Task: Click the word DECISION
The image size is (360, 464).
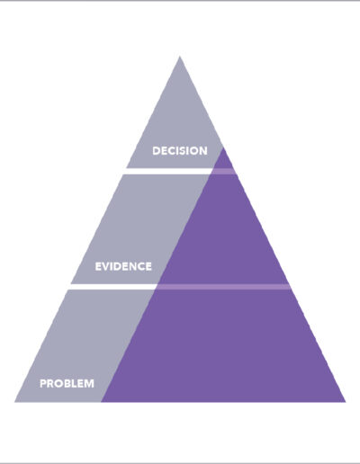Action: (x=180, y=150)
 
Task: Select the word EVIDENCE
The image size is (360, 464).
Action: (x=123, y=266)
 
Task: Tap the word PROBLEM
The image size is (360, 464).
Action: (x=67, y=383)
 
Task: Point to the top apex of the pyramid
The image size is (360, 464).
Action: (x=180, y=56)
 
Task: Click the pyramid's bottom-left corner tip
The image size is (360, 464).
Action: (x=14, y=402)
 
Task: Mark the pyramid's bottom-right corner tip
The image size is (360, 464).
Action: (x=346, y=402)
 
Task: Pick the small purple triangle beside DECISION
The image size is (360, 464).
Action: (x=224, y=160)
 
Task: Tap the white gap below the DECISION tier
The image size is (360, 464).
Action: (x=169, y=172)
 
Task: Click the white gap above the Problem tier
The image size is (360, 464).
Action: (x=112, y=287)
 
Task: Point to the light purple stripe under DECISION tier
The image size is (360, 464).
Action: (x=224, y=172)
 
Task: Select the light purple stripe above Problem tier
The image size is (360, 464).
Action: (x=223, y=287)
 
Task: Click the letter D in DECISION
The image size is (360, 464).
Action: (x=156, y=150)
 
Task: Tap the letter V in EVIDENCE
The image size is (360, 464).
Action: (x=106, y=266)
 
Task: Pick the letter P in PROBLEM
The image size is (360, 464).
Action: (x=43, y=383)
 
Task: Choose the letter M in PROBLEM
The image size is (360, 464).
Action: (x=89, y=383)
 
